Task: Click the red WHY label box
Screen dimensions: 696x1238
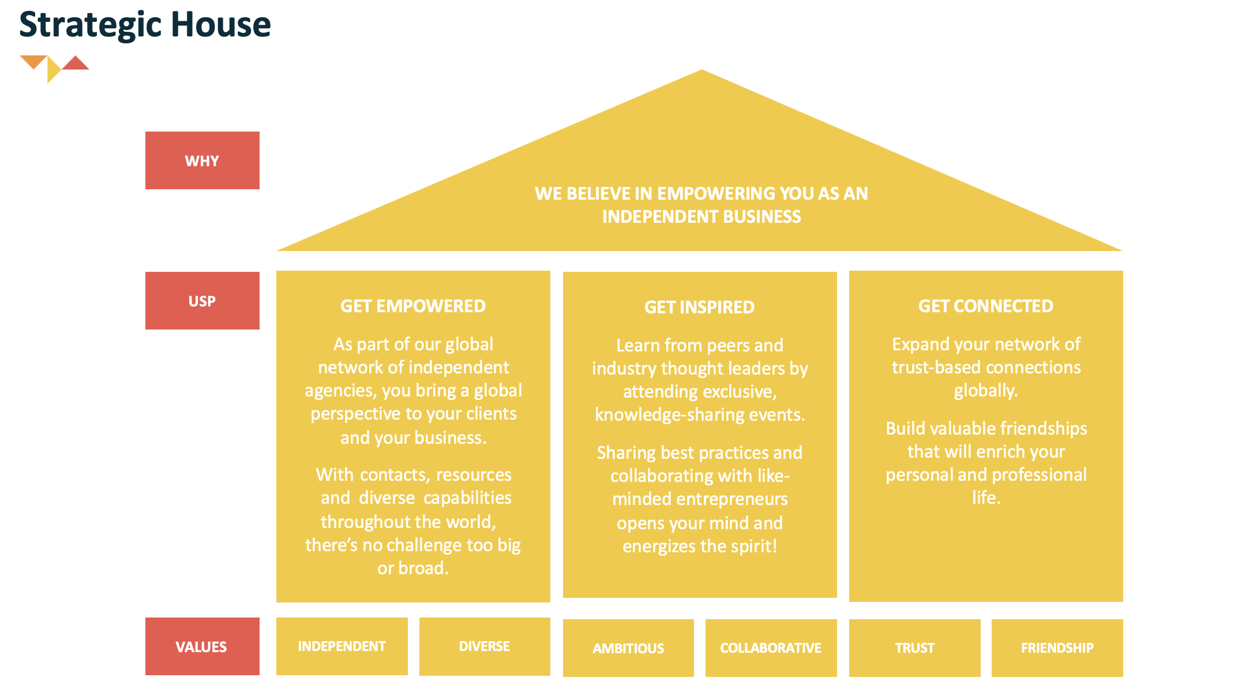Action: tap(202, 160)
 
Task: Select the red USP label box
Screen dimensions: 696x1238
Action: tap(202, 301)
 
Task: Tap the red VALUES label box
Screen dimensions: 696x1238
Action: tap(202, 646)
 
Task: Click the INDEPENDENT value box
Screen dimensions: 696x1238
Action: tap(342, 646)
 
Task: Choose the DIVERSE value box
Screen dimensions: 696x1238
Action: tap(485, 646)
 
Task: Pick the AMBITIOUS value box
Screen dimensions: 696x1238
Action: tap(628, 648)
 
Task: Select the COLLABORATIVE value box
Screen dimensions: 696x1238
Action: tap(771, 648)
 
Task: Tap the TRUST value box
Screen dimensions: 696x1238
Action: tap(914, 648)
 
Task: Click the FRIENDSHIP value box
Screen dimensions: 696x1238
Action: tap(1057, 648)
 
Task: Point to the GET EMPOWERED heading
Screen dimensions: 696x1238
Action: tap(413, 306)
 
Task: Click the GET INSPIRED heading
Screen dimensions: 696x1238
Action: tap(699, 307)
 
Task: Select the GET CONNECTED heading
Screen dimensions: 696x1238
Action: tap(985, 306)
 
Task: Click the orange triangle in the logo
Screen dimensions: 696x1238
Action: tap(33, 61)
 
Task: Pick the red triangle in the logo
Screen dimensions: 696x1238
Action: tap(76, 63)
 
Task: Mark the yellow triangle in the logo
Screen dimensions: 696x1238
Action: tap(52, 70)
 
